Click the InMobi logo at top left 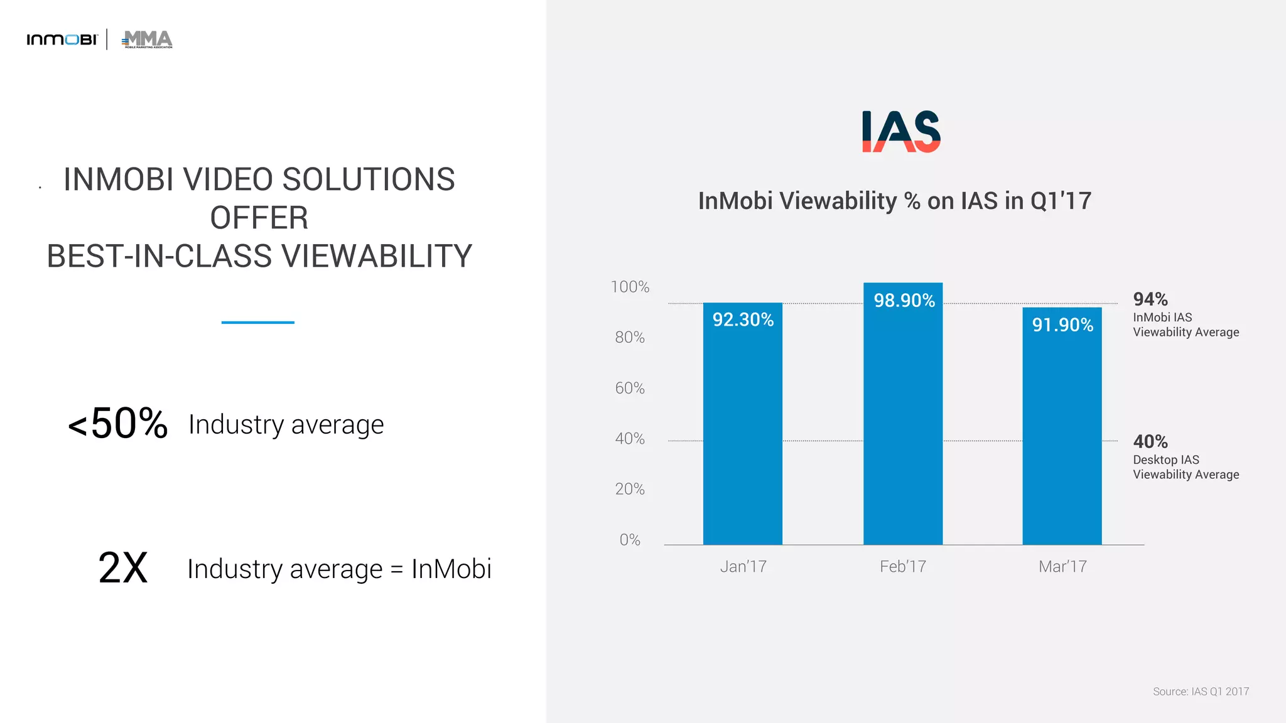(x=62, y=40)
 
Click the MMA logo (x=147, y=39)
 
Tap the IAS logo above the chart (x=901, y=131)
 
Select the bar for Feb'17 (x=902, y=427)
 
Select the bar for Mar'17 (x=1062, y=439)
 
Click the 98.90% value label (x=904, y=301)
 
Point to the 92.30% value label (x=743, y=320)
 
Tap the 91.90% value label (x=1062, y=325)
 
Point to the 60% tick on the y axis (x=629, y=388)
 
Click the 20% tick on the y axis (x=629, y=489)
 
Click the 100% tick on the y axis (x=630, y=287)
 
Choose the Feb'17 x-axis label (x=902, y=567)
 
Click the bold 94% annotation (x=1150, y=299)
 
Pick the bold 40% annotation (x=1150, y=441)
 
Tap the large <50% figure (x=118, y=424)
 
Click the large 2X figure (x=123, y=568)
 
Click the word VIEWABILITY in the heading (x=376, y=256)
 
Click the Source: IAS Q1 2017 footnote (x=1200, y=691)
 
